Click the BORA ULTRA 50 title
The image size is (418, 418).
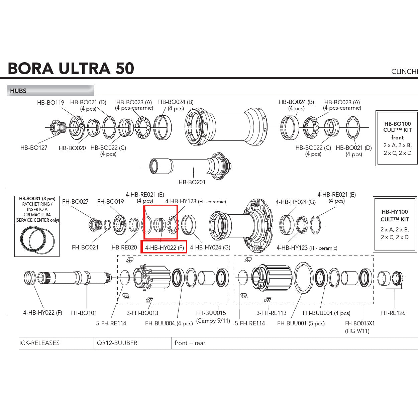71,68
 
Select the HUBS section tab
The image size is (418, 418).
18,91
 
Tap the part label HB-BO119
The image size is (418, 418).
50,103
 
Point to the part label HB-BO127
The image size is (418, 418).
34,147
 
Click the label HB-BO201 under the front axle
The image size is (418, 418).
192,182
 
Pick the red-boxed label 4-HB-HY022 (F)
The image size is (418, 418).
164,248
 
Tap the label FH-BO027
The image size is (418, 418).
75,202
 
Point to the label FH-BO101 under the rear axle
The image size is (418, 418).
84,313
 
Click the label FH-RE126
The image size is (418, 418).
393,313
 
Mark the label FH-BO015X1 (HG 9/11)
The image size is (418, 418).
359,327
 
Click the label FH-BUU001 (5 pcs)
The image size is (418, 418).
301,323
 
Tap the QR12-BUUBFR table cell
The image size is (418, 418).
117,343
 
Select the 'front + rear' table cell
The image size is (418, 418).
190,343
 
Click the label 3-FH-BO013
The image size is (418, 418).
142,313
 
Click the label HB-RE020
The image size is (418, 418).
124,247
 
